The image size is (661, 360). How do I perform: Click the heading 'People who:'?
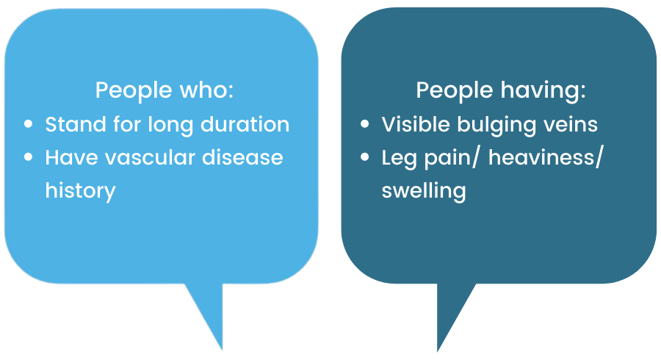(x=165, y=90)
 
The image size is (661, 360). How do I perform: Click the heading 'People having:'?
(x=501, y=90)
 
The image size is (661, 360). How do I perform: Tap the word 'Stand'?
(x=76, y=124)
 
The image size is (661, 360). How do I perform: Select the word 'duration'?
(x=245, y=124)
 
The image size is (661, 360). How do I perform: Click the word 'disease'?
(x=242, y=158)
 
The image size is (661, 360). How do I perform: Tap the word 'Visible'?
(x=416, y=124)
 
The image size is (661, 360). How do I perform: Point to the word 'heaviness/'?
(x=546, y=158)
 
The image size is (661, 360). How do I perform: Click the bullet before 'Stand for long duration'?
(x=28, y=124)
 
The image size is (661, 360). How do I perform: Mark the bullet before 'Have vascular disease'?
(x=28, y=157)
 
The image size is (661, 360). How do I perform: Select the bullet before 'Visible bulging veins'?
(x=364, y=124)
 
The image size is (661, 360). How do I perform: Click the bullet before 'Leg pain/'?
(x=364, y=157)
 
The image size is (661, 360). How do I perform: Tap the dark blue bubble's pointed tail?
(x=438, y=351)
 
